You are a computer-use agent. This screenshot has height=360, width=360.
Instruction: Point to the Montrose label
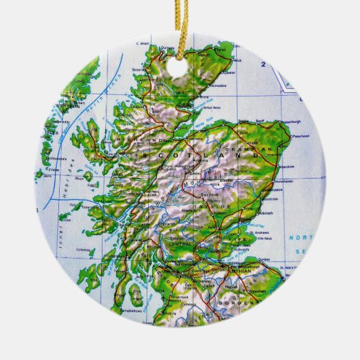[x=271, y=200]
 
